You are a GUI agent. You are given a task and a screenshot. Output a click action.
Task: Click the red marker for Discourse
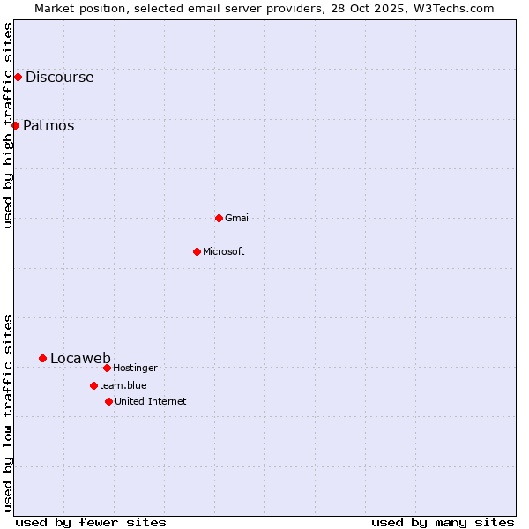18,77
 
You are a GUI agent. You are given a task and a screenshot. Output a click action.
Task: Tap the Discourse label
59,78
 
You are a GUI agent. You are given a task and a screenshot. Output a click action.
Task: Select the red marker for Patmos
15,125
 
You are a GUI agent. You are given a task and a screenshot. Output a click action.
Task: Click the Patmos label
48,126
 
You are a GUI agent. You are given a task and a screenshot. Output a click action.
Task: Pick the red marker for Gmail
219,218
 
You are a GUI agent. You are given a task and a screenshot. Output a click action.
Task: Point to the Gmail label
238,218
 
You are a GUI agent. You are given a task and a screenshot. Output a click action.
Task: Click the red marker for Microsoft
197,251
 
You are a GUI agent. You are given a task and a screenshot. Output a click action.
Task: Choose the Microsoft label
224,252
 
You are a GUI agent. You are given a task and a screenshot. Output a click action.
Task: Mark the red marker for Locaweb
42,358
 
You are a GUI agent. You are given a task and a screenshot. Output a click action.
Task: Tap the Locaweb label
80,359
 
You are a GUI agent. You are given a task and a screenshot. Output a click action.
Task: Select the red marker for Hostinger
107,368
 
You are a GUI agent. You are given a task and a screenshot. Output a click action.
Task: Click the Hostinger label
135,369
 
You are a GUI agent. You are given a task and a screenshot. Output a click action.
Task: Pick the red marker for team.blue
93,385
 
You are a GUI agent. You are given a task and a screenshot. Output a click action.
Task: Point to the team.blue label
123,385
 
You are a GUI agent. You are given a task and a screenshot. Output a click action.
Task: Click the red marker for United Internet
108,401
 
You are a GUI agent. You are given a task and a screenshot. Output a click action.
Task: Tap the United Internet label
151,402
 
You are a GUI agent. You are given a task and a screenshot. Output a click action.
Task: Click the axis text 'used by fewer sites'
91,522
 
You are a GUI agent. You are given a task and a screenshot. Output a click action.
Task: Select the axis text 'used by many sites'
443,522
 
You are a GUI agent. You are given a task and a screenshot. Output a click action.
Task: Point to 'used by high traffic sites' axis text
9,125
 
